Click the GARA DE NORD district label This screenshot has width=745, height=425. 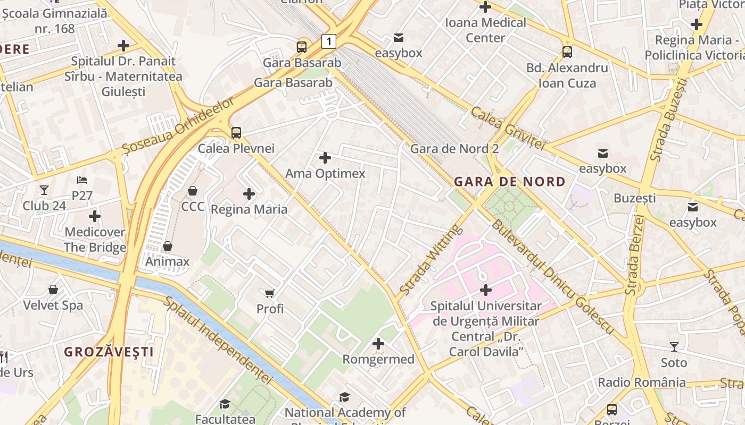509,182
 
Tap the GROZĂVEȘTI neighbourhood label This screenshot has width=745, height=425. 109,352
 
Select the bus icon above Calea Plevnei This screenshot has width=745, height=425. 236,133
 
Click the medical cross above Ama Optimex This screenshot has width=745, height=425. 325,158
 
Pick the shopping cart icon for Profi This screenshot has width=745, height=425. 270,293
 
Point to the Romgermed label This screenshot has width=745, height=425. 378,359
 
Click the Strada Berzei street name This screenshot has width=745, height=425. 633,255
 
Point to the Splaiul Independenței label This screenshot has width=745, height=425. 218,340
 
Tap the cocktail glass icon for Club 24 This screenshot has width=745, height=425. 44,190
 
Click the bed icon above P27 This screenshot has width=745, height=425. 82,180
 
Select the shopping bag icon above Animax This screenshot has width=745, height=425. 167,246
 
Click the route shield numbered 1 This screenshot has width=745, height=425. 329,41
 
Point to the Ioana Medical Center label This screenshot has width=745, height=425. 485,30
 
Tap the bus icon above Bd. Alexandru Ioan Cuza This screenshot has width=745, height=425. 567,52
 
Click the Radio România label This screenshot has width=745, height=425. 642,382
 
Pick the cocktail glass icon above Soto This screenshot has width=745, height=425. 674,347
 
